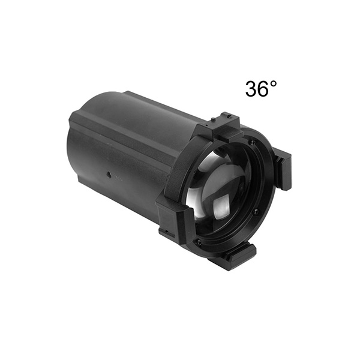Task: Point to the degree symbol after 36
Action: click(x=274, y=84)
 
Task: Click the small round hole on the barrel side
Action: click(x=109, y=175)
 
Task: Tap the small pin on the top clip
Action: click(x=214, y=119)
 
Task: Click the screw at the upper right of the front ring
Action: click(x=253, y=142)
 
